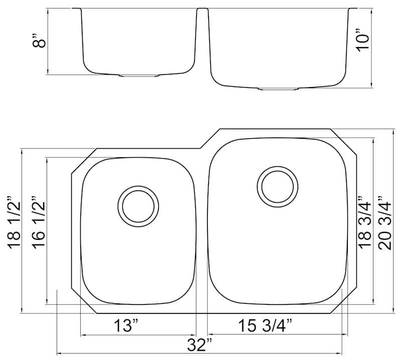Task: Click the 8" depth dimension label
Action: point(39,40)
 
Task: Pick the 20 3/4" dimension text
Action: point(385,223)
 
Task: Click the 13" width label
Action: point(126,326)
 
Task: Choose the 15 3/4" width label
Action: point(265,325)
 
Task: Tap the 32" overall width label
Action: point(199,345)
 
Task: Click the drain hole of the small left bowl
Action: point(138,206)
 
